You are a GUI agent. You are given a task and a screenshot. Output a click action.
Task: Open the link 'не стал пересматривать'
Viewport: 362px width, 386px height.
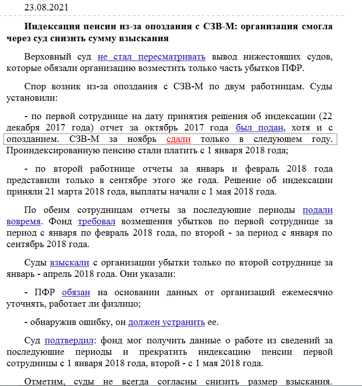[x=151, y=56]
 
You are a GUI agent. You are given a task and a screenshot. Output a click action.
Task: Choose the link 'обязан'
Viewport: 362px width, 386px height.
[x=76, y=292]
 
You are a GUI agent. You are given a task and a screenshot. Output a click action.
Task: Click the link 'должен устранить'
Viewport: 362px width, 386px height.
[x=166, y=322]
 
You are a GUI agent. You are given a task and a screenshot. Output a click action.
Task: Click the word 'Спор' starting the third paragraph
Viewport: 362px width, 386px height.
[x=35, y=87]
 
